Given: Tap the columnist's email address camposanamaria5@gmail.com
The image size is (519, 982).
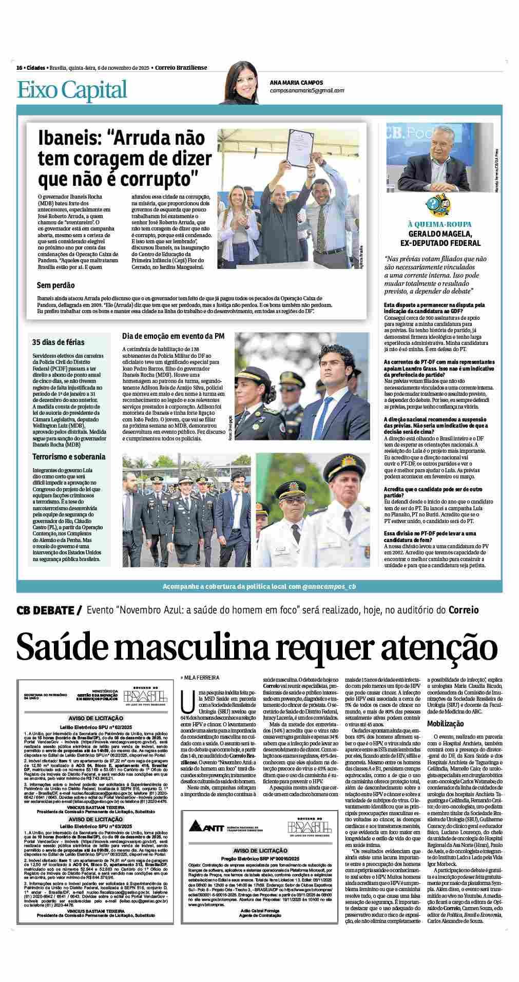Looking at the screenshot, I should (307, 90).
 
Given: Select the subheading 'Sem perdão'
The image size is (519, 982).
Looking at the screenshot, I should (55, 285).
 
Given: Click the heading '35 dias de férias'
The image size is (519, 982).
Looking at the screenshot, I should (51, 342).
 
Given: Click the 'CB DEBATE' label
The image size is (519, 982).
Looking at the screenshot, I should (46, 610).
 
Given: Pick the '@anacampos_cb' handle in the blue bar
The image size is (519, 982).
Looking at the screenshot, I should (329, 586).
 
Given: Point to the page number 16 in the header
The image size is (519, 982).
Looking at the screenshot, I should (20, 68).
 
